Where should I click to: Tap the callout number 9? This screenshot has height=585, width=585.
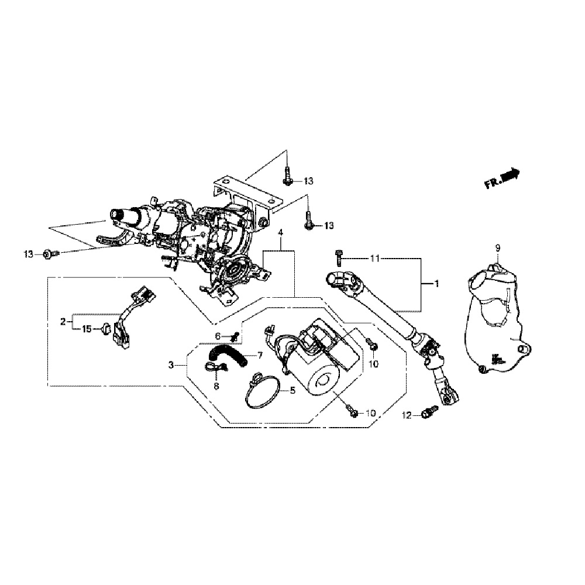pyautogui.click(x=498, y=249)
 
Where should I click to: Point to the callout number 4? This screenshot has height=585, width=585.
pyautogui.click(x=281, y=232)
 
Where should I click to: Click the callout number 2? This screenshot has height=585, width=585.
pyautogui.click(x=63, y=321)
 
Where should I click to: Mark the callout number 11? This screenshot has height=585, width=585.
pyautogui.click(x=376, y=257)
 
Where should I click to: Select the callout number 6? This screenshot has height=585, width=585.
pyautogui.click(x=217, y=336)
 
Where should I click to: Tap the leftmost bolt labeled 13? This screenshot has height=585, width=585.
pyautogui.click(x=50, y=254)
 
